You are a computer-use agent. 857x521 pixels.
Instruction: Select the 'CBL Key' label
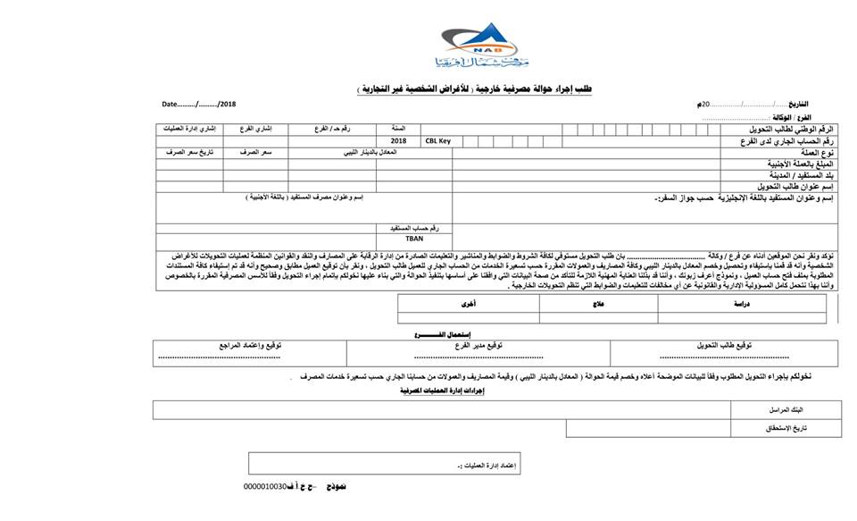[x=438, y=141]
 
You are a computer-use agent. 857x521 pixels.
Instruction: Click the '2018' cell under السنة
[x=398, y=141]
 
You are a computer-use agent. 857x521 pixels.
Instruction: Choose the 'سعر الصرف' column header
[x=254, y=153]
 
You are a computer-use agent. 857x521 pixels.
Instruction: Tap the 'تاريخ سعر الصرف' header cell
[x=188, y=153]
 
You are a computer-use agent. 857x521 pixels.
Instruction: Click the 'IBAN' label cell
[x=414, y=239]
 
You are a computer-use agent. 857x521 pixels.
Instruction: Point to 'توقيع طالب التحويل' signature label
[x=725, y=345]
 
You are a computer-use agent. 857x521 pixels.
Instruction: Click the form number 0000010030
[x=264, y=487]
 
